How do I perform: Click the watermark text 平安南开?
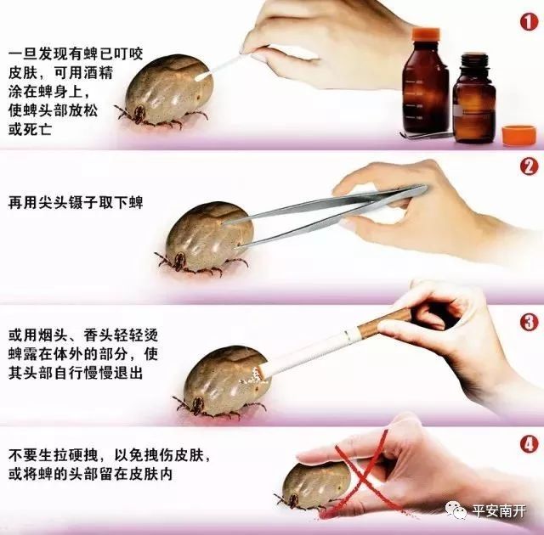point(502,510)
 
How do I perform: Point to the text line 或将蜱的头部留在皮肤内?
point(89,473)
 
